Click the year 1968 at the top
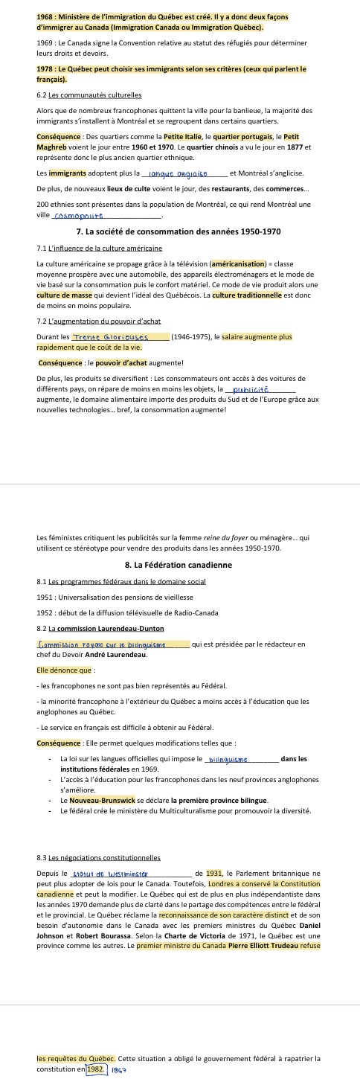click(45, 16)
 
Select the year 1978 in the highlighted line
click(45, 68)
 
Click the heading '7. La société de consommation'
click(179, 231)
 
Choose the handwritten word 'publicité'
click(251, 389)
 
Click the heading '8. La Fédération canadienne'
click(179, 565)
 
